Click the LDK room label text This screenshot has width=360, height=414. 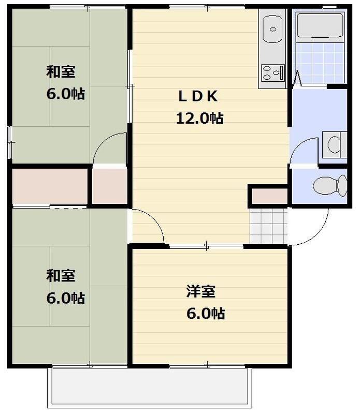click(x=198, y=96)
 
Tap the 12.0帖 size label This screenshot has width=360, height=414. click(x=199, y=119)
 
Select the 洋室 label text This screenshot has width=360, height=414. click(x=201, y=291)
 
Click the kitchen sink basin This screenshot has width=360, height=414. click(x=273, y=29)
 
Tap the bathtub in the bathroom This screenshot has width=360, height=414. click(x=320, y=25)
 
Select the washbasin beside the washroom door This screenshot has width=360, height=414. click(x=335, y=145)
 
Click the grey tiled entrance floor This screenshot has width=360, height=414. click(x=268, y=226)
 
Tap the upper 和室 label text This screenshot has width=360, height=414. click(x=61, y=72)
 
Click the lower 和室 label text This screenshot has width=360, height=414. click(x=61, y=276)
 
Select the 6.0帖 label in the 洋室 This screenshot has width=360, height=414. click(x=206, y=314)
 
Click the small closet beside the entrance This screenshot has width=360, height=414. click(x=269, y=197)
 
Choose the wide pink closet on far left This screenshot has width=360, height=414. click(x=50, y=186)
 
